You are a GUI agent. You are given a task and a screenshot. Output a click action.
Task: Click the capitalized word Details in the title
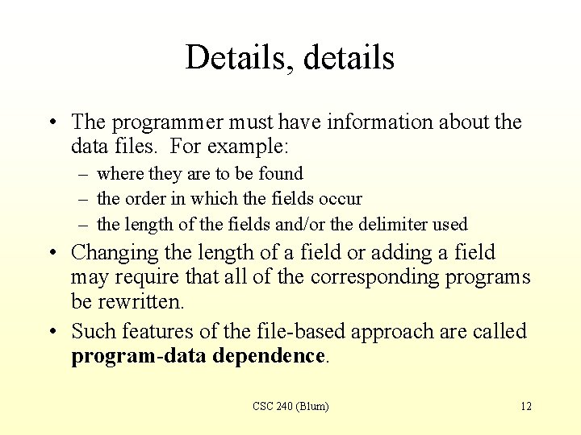(232, 57)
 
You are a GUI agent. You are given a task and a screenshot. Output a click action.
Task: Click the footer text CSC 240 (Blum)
(290, 406)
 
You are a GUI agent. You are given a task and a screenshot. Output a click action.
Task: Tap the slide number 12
(525, 406)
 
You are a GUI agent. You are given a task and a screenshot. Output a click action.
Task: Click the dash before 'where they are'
(85, 174)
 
